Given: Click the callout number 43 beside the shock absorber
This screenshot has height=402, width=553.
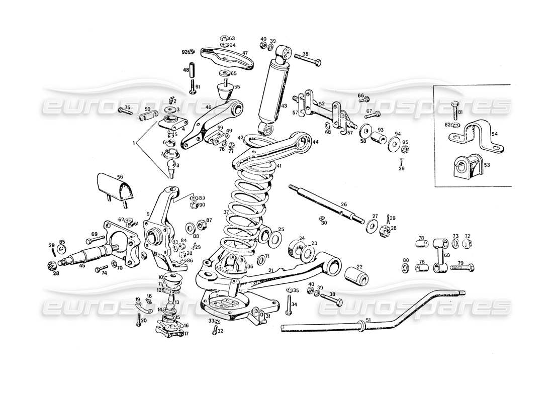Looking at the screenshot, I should [284, 106].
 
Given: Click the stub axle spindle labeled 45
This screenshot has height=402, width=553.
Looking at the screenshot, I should [83, 255].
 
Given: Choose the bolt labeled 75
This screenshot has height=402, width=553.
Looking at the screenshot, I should [123, 110].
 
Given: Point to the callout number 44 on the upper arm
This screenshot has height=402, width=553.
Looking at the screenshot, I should [315, 143].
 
